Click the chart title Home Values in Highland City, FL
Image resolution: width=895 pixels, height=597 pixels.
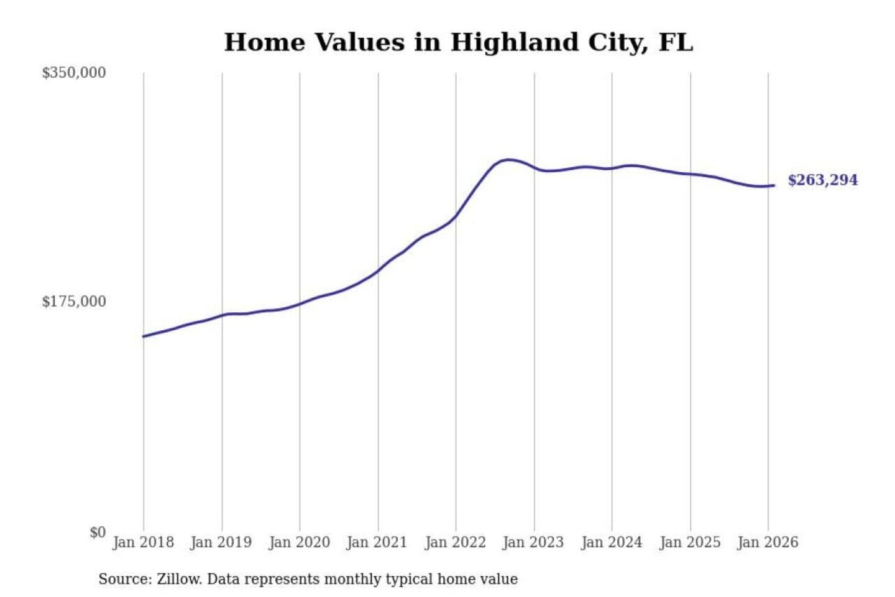[x=458, y=42]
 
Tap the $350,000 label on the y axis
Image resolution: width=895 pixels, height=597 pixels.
[x=74, y=73]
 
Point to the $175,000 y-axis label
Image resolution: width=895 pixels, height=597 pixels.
[x=74, y=302]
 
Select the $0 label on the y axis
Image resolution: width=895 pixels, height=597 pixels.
[x=98, y=532]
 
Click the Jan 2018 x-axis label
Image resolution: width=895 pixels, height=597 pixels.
[x=143, y=542]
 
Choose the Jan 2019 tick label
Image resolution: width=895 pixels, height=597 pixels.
[x=221, y=542]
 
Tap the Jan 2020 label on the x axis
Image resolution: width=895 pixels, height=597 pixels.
[x=299, y=542]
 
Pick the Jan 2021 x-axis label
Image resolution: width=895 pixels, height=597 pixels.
[x=377, y=542]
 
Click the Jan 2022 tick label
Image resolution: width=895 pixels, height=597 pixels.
[x=455, y=542]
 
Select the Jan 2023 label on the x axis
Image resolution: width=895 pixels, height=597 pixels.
[x=533, y=542]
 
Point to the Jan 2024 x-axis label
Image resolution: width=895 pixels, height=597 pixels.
[x=611, y=542]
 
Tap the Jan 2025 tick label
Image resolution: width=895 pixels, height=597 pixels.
[x=689, y=542]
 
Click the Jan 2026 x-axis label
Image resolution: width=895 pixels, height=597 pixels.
[x=767, y=542]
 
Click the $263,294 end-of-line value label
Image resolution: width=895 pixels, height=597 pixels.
[x=822, y=180]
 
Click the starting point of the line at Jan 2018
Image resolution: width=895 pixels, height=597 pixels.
[x=144, y=336]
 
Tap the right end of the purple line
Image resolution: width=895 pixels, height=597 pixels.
[x=774, y=185]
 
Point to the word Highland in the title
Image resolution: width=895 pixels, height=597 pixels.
[x=512, y=42]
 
